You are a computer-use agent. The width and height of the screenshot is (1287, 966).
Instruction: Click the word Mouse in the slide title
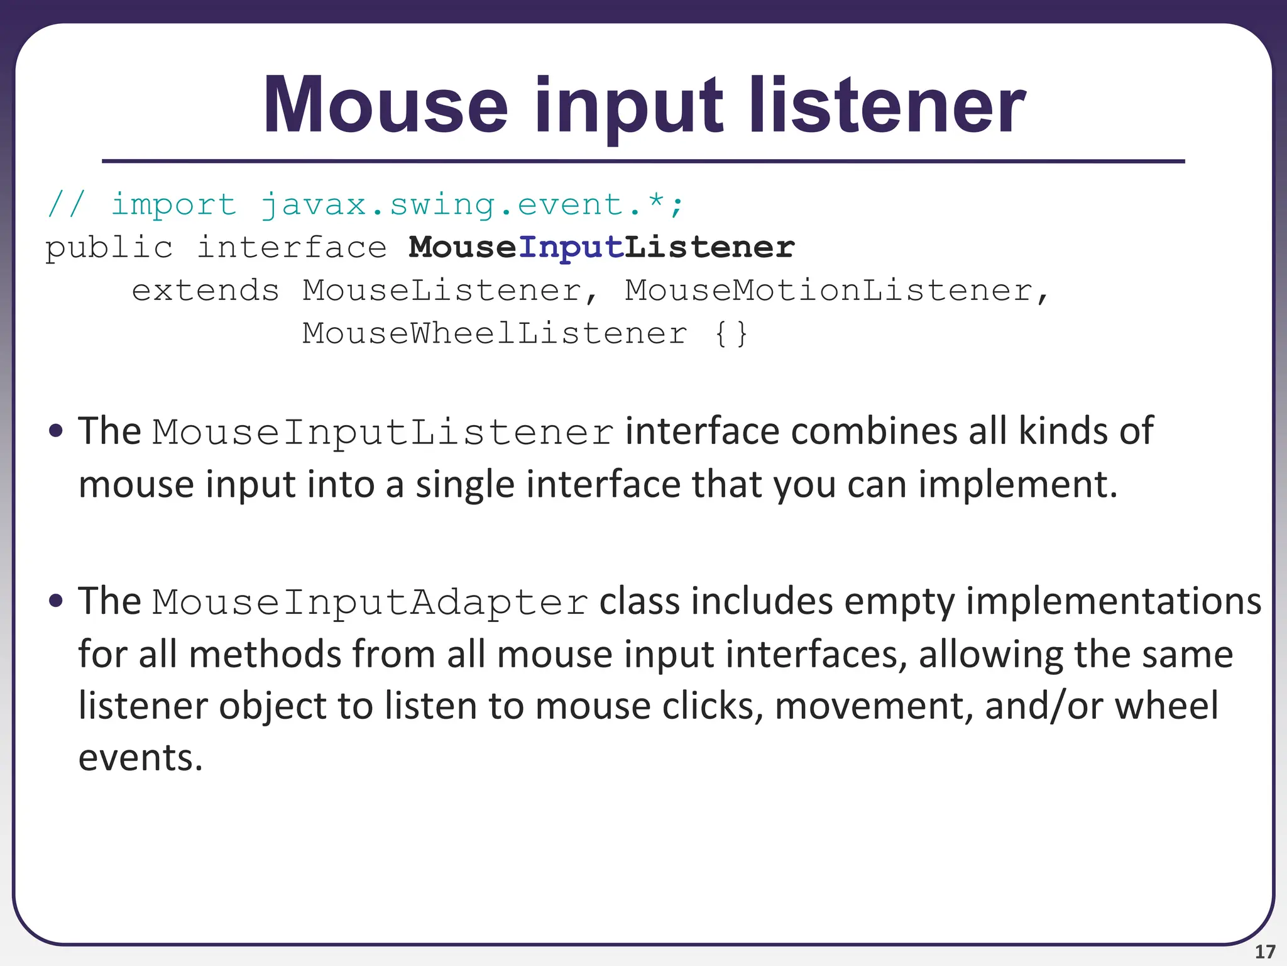(x=385, y=106)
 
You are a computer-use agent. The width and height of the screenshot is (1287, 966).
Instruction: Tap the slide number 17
(x=1264, y=952)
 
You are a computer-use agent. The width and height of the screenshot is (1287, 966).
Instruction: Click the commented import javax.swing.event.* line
(x=364, y=205)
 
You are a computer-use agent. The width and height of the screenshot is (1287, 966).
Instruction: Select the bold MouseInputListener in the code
(x=601, y=247)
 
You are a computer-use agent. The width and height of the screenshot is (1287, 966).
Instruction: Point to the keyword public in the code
(x=109, y=248)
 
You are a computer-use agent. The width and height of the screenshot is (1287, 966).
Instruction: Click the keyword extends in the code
(x=205, y=291)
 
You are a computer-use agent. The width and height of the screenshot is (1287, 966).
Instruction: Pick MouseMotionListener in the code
(x=828, y=291)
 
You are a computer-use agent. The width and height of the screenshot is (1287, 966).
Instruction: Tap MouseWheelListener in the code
(x=495, y=333)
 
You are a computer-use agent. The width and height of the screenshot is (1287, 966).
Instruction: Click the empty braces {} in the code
(x=731, y=333)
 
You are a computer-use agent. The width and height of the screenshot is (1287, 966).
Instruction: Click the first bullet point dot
(x=56, y=431)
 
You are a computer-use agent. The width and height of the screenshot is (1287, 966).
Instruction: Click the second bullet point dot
(x=56, y=601)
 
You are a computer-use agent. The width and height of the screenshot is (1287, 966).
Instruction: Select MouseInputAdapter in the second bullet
(x=370, y=602)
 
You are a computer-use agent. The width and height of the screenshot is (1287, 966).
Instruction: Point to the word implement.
(x=1018, y=485)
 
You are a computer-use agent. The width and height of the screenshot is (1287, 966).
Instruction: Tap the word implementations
(x=1113, y=601)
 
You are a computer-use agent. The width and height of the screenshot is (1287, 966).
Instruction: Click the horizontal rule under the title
(x=643, y=162)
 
